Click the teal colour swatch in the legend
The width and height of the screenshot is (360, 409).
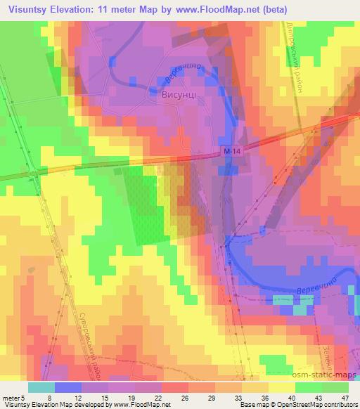click(41, 387)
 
